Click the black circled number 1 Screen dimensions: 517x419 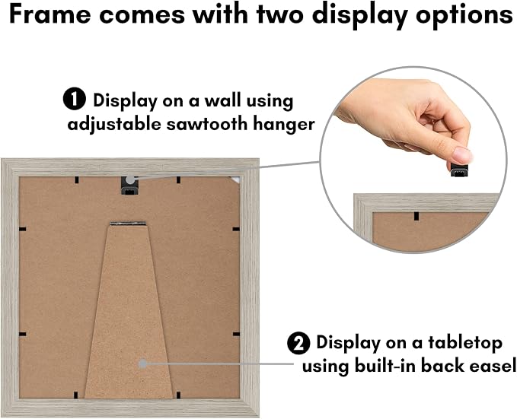(x=75, y=100)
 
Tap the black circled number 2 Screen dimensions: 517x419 (x=298, y=343)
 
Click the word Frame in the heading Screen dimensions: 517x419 (x=50, y=14)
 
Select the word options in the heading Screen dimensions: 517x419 (x=464, y=16)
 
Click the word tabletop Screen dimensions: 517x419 (x=465, y=343)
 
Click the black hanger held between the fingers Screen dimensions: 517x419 (x=459, y=170)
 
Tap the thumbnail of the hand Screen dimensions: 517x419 (x=462, y=154)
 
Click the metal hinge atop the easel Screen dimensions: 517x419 (x=128, y=224)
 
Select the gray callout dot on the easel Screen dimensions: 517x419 (x=143, y=363)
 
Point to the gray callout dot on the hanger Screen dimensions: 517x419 (x=130, y=180)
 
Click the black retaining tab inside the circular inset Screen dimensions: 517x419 (x=416, y=216)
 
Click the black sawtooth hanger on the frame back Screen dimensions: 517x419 (x=129, y=186)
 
